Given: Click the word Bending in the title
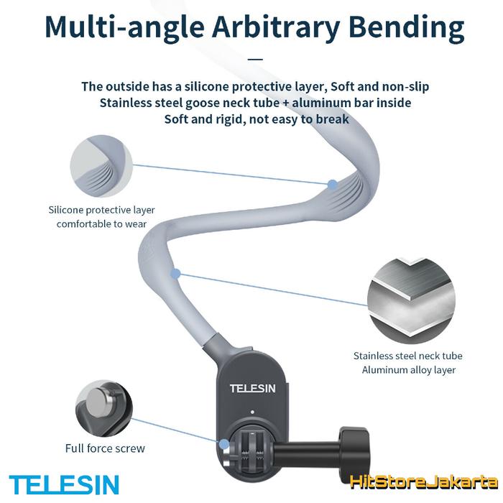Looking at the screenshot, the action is tap(407, 28).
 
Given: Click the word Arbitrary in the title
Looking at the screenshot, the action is tap(276, 28).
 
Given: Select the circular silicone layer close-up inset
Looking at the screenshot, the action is tap(101, 166).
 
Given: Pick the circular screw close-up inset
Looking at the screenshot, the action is tap(104, 408).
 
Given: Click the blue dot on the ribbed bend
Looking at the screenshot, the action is tap(333, 185).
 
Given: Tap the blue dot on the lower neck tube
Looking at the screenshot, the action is tap(175, 274).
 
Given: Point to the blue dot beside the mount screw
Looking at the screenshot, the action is tap(224, 444).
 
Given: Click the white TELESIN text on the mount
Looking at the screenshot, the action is tap(252, 389).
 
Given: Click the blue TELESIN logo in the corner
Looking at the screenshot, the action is tap(64, 484).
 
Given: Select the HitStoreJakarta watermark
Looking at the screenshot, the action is tap(424, 482).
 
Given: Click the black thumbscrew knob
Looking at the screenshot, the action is tap(354, 447).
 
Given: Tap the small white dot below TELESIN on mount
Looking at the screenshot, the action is tap(252, 412).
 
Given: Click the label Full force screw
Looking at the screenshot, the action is tap(105, 448).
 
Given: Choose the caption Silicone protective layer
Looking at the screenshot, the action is tap(102, 210).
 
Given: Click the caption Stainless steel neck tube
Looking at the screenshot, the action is tap(407, 356).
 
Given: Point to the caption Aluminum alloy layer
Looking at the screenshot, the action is tap(409, 370).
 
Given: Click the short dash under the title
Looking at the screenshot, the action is tap(256, 59).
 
